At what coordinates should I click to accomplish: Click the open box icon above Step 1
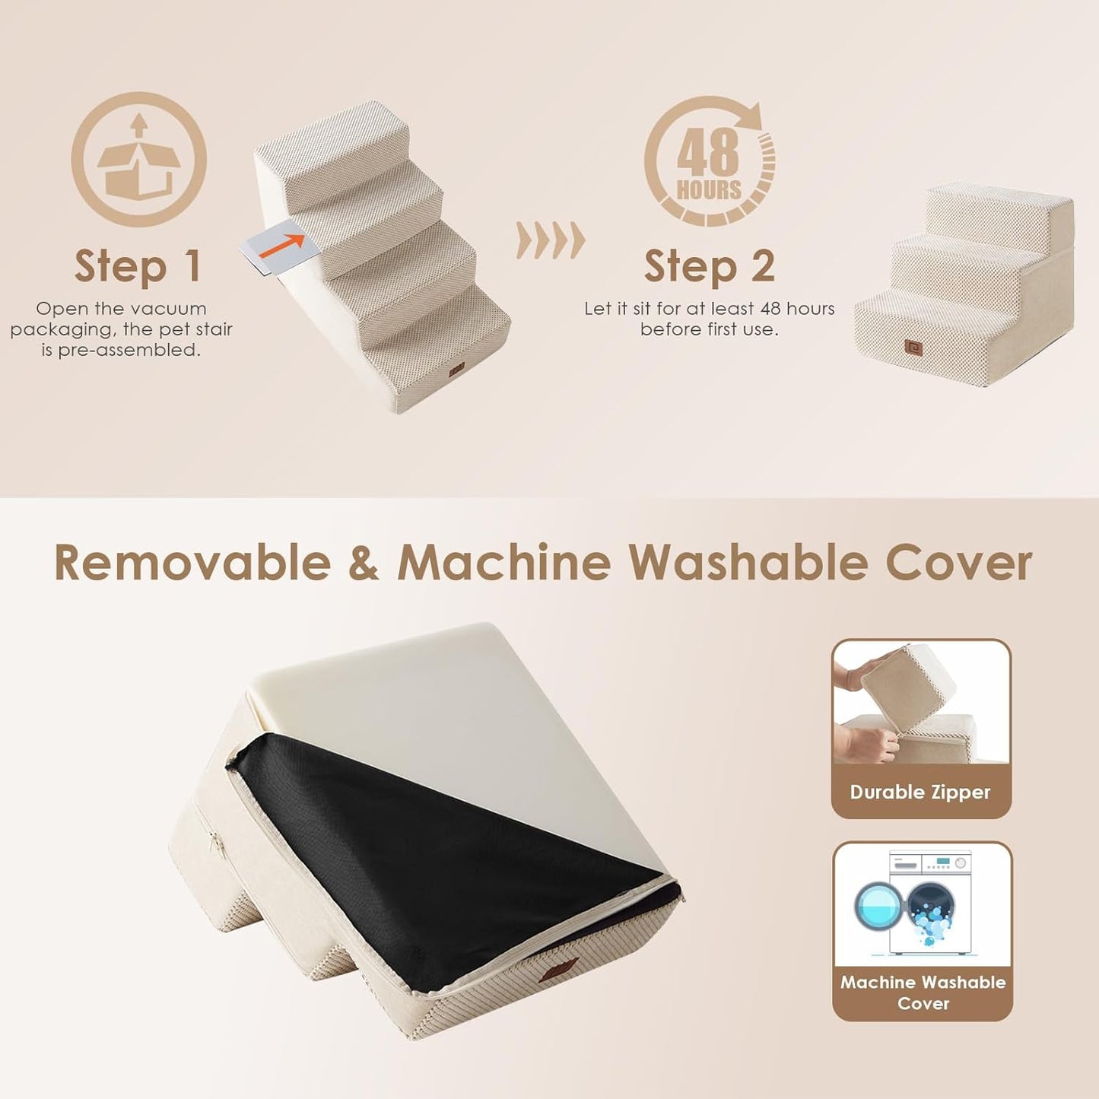click(x=138, y=159)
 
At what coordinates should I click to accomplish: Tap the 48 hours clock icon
click(x=710, y=161)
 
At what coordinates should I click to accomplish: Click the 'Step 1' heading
click(x=138, y=266)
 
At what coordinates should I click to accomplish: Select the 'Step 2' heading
click(x=709, y=266)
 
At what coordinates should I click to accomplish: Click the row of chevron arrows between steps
click(x=551, y=240)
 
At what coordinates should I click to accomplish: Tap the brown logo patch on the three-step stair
click(x=914, y=348)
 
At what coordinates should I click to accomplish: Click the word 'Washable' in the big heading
click(x=748, y=564)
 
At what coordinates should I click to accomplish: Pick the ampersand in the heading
click(x=364, y=564)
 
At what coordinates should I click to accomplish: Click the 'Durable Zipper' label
click(x=920, y=792)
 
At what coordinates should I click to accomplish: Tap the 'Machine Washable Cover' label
click(x=923, y=993)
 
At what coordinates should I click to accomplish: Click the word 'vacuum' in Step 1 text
click(x=173, y=309)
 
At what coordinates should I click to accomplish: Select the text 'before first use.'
click(x=709, y=329)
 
